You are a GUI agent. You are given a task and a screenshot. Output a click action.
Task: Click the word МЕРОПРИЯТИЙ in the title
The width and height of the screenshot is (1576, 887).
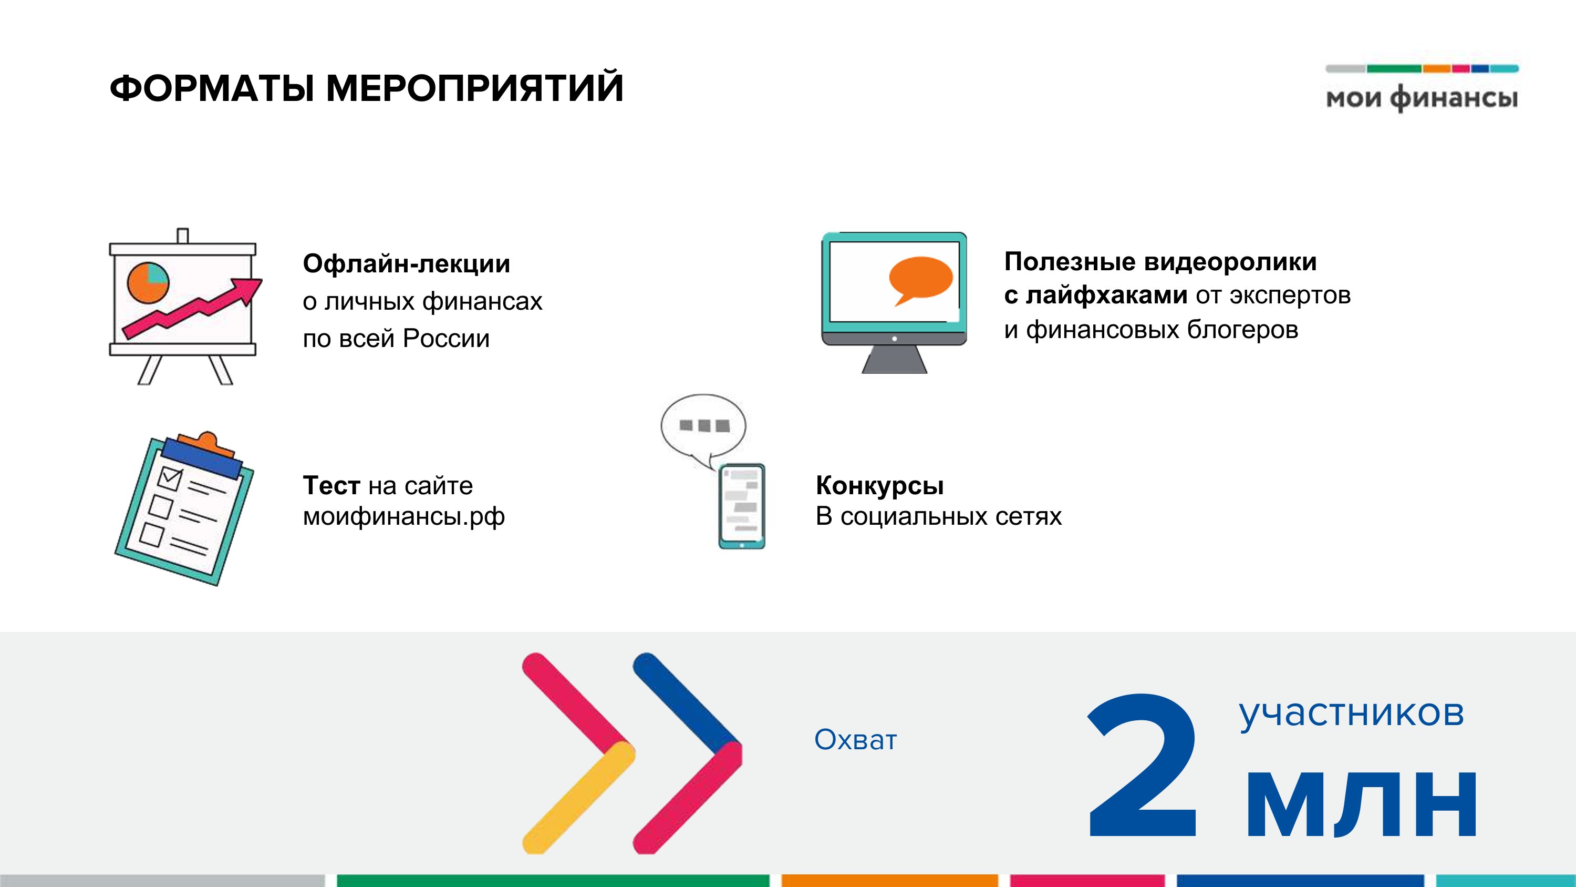475,87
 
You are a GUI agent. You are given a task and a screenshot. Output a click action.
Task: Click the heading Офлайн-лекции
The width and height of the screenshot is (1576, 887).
406,264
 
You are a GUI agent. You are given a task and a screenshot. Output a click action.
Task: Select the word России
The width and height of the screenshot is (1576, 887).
446,339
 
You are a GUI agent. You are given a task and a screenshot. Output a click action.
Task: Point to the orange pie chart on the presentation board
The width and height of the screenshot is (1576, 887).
148,283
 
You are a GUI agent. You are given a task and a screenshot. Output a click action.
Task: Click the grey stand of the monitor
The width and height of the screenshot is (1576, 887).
895,359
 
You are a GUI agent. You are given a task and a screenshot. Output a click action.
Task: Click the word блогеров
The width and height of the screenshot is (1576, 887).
1242,330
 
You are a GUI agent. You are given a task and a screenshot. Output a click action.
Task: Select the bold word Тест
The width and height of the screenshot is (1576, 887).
331,485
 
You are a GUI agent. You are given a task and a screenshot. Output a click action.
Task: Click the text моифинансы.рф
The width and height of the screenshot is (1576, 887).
404,517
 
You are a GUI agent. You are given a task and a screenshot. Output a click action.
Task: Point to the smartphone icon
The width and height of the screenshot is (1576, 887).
741,506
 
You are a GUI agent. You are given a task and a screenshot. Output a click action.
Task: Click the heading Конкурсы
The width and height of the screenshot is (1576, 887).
880,486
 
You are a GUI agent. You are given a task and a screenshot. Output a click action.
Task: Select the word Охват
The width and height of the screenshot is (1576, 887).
855,740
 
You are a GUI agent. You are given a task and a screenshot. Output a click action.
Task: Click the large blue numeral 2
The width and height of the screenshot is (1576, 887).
1142,765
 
